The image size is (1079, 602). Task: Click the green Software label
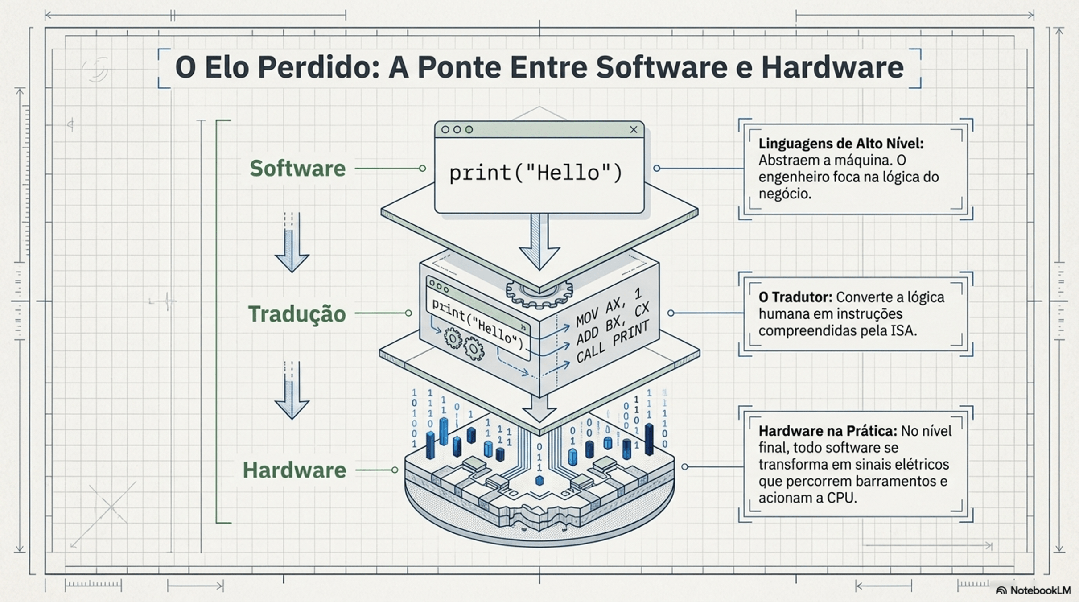[297, 169]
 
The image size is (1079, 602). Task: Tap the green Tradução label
[297, 314]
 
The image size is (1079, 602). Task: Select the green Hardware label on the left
[294, 470]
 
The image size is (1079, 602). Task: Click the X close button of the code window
[634, 129]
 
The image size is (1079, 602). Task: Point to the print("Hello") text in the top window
[535, 173]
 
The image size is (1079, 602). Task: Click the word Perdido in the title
[318, 67]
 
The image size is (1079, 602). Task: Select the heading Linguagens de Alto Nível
[841, 144]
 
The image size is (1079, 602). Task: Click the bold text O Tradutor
[795, 297]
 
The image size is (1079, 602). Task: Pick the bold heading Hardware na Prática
[828, 431]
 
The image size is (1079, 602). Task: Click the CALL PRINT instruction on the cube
[612, 342]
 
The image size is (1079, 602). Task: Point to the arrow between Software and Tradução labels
[292, 243]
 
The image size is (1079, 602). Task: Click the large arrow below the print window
[539, 243]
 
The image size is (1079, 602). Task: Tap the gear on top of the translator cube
[539, 294]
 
